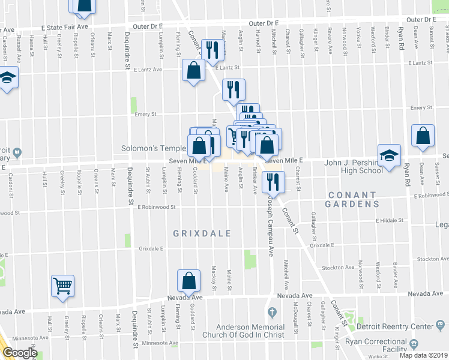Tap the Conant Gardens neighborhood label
pos(352,200)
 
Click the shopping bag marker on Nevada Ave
pos(189,280)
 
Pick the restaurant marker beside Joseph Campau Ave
pos(273,182)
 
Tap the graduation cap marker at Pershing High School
pos(389,155)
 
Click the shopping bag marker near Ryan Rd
pos(423,136)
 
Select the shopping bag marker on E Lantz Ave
pos(194,71)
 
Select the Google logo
pos(20,353)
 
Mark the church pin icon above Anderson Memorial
pos(272,312)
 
